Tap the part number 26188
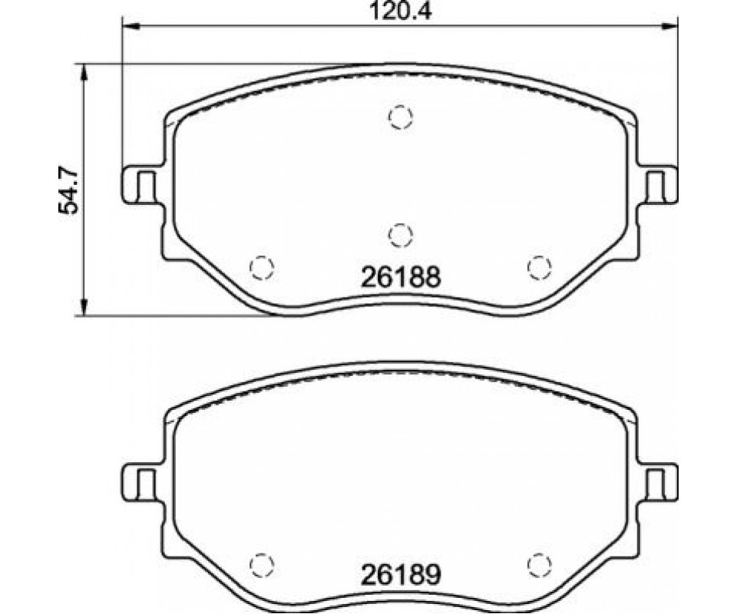point(401,277)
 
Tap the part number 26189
point(401,574)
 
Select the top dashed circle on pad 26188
point(401,116)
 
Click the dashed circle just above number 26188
point(401,234)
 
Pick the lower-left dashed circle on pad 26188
point(262,267)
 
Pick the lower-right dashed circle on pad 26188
point(539,267)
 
